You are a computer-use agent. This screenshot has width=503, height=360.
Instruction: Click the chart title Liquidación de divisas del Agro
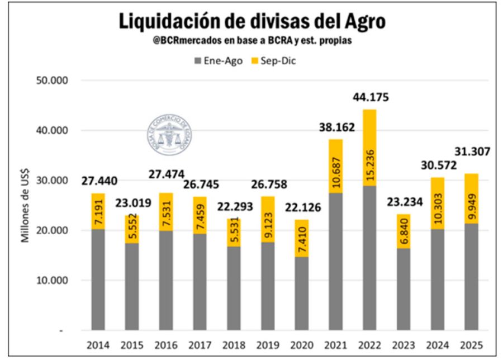251,21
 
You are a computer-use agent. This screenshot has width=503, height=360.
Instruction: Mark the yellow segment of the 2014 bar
98,211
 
